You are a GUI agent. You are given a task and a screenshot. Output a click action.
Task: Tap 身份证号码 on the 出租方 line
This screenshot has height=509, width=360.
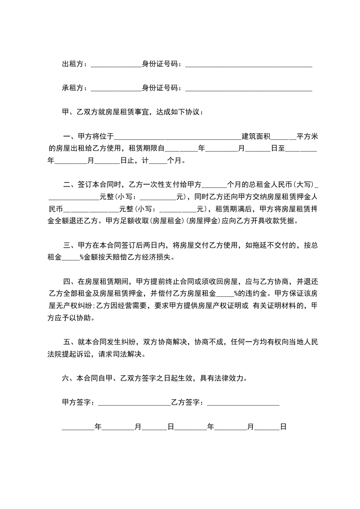162,64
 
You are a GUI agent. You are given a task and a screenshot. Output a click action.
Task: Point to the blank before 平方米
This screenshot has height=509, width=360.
285,137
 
